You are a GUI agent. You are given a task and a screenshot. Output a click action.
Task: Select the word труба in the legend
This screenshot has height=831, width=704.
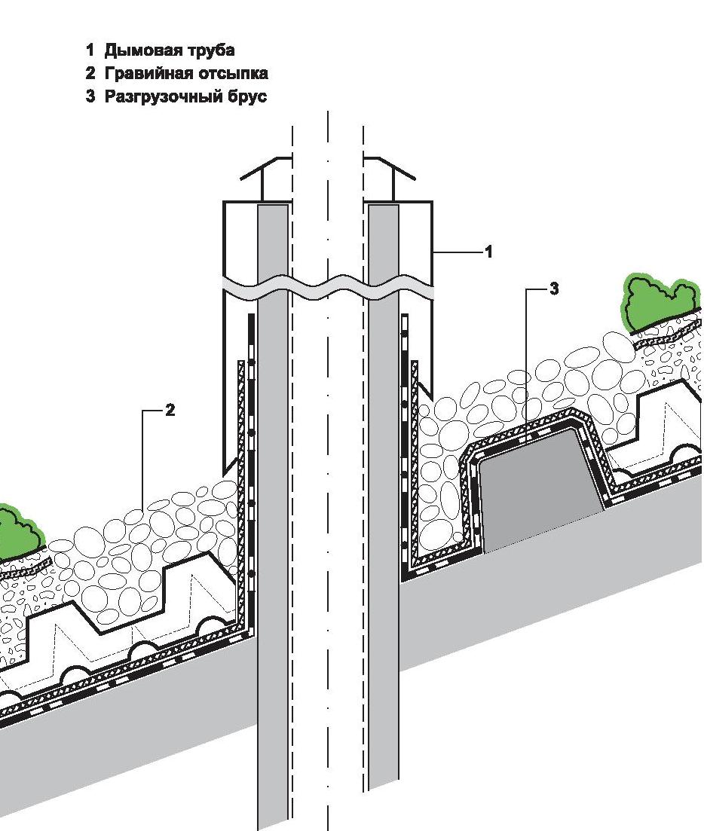(x=212, y=51)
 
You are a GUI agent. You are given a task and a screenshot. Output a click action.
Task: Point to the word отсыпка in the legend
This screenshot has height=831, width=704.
(x=237, y=74)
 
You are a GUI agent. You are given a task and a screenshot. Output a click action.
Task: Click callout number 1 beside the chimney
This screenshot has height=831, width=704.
(x=488, y=252)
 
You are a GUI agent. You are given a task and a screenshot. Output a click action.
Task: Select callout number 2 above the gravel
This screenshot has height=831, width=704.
(x=170, y=411)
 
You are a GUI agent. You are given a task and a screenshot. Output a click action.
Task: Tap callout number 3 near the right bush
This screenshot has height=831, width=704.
(x=554, y=289)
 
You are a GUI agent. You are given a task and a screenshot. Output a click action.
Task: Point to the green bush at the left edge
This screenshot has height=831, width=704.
(x=19, y=532)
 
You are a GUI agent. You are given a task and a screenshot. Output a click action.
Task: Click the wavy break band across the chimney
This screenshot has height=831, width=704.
(x=328, y=289)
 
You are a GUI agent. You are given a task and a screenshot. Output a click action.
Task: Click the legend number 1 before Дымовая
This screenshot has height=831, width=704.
(x=90, y=51)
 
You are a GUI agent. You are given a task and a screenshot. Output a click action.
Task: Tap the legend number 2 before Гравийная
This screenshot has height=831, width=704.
(x=90, y=74)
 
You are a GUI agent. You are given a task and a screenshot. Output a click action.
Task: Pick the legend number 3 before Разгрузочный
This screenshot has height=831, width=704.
(x=90, y=96)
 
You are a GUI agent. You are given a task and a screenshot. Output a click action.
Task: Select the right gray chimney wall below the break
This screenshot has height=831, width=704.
(x=383, y=527)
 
